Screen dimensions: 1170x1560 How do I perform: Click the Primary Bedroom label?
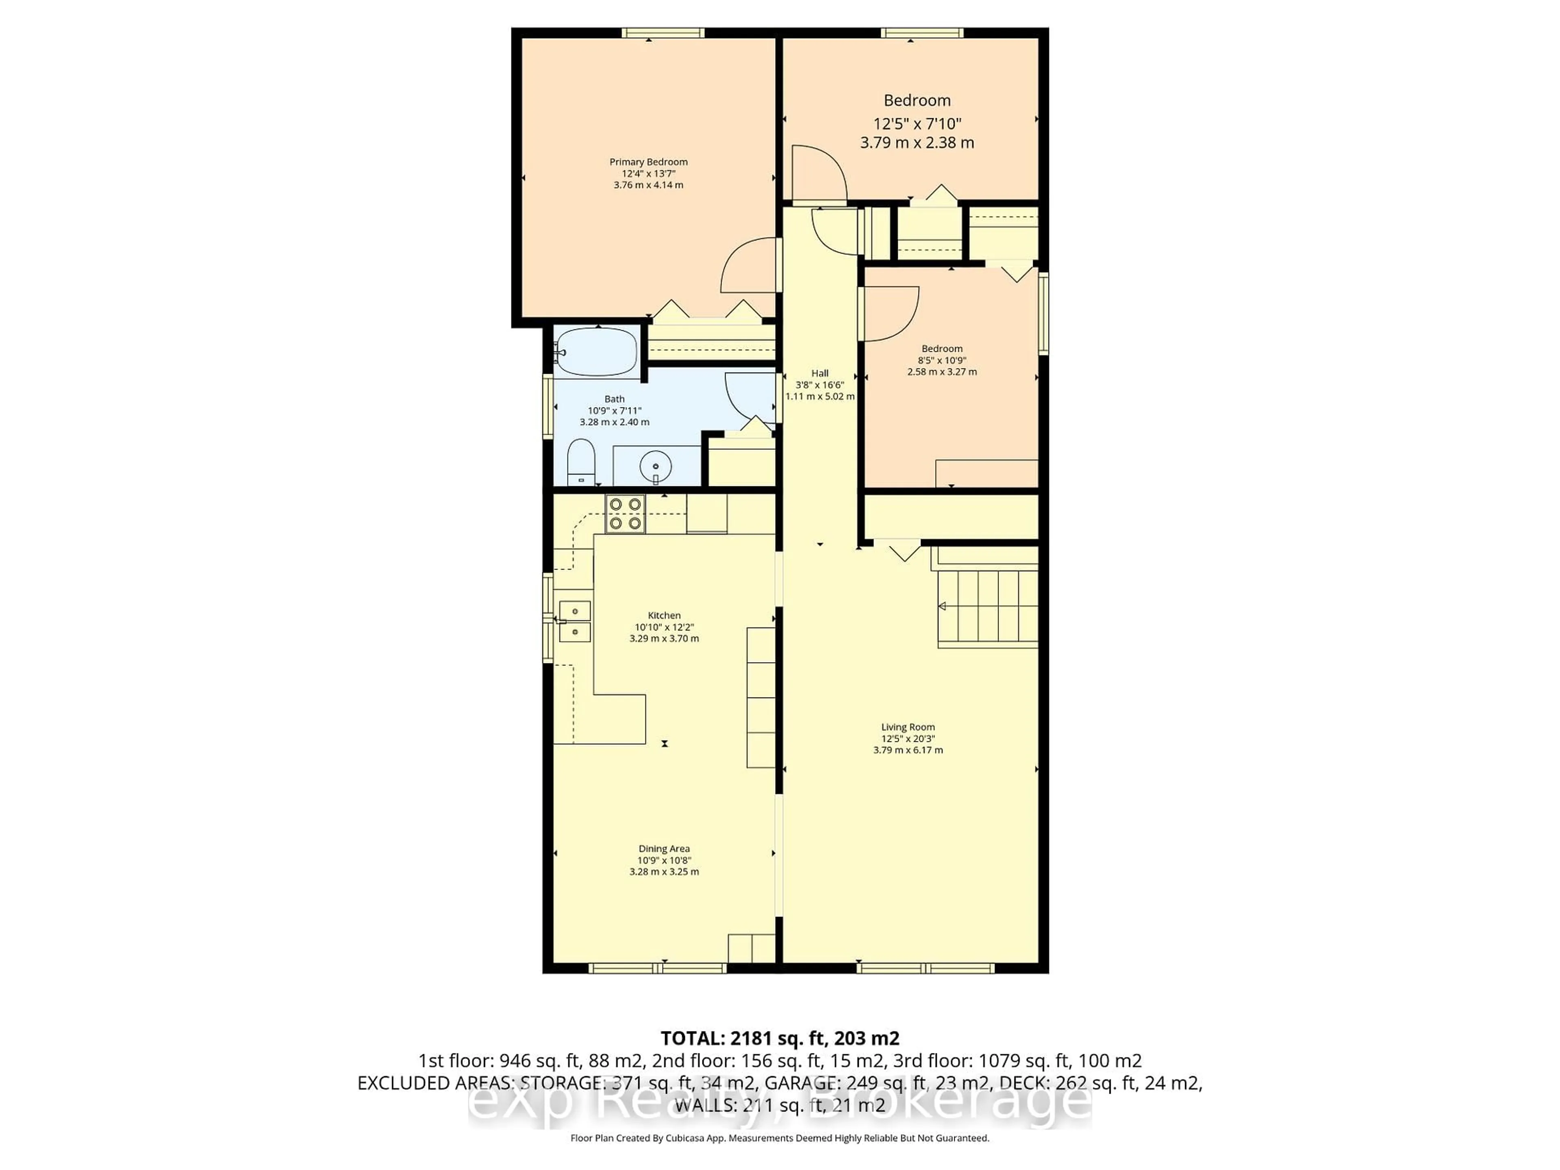[648, 162]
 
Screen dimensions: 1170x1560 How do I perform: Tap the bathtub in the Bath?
[597, 351]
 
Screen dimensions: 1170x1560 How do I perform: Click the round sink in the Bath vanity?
[656, 466]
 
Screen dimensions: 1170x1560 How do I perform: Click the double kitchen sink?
[575, 621]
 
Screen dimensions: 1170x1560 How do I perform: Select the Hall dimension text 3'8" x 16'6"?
[819, 385]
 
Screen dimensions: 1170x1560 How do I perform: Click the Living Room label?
[908, 727]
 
